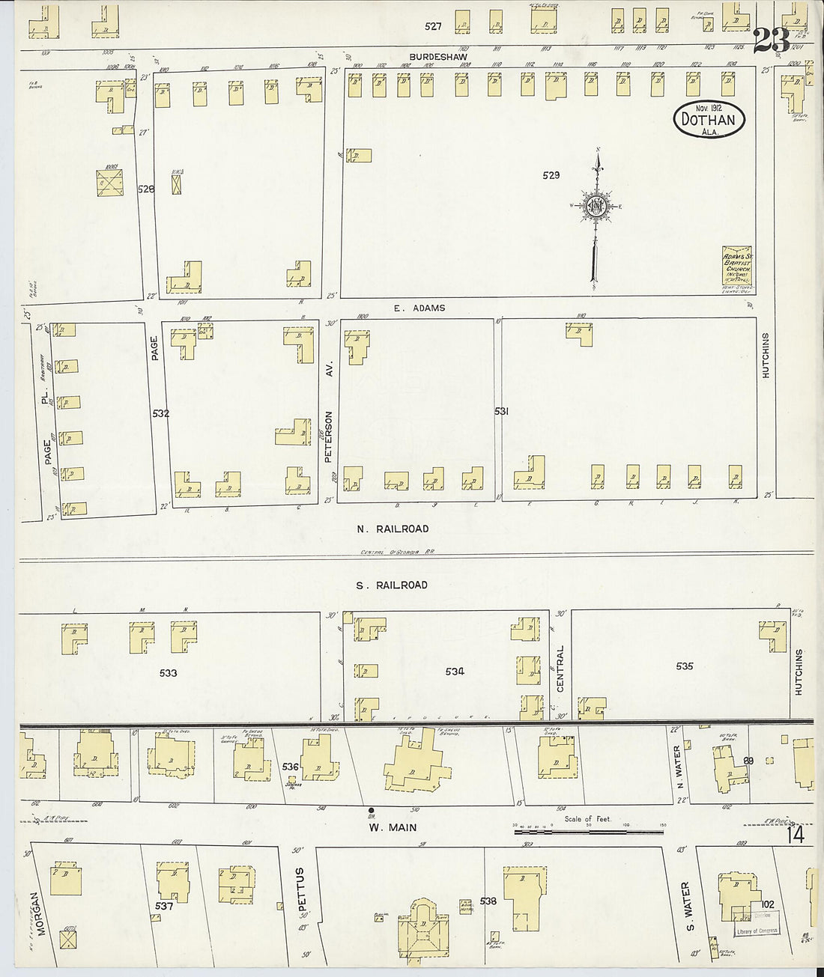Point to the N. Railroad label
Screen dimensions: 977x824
coord(393,529)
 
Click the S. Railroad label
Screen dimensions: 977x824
coord(392,585)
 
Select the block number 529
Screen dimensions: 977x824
coord(551,175)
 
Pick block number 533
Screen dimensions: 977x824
coord(168,673)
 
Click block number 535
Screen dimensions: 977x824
coord(684,666)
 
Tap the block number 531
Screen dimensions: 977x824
coord(501,412)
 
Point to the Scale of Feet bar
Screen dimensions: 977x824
coord(588,830)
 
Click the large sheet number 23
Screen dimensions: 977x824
coord(770,39)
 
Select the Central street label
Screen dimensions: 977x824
coord(560,669)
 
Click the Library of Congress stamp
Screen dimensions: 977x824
coord(757,931)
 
